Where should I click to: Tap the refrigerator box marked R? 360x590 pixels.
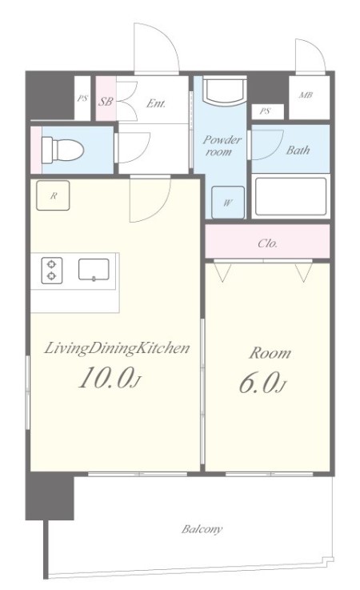coord(53,195)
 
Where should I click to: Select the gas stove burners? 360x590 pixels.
coord(51,270)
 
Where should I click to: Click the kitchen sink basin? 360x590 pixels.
coord(94,270)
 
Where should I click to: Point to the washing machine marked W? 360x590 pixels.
coord(227,203)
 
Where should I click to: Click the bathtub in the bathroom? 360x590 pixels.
coord(290,197)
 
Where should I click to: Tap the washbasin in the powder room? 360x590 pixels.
coord(224,90)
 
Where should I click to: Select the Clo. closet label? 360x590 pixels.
coord(268,243)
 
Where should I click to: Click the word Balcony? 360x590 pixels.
coord(202,529)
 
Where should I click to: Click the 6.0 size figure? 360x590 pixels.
coord(263,383)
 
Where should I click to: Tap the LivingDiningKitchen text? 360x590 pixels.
coord(117,348)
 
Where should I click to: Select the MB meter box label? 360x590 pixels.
coord(306,95)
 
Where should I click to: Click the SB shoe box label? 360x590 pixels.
coord(106,101)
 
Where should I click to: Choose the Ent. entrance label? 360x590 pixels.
coord(156,103)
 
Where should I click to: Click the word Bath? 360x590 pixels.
coord(298,151)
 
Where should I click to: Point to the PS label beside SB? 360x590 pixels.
coord(82,98)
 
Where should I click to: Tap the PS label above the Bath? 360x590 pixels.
coord(266,111)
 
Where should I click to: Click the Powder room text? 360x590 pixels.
coord(222,146)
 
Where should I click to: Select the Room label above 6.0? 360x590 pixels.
coord(270,353)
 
